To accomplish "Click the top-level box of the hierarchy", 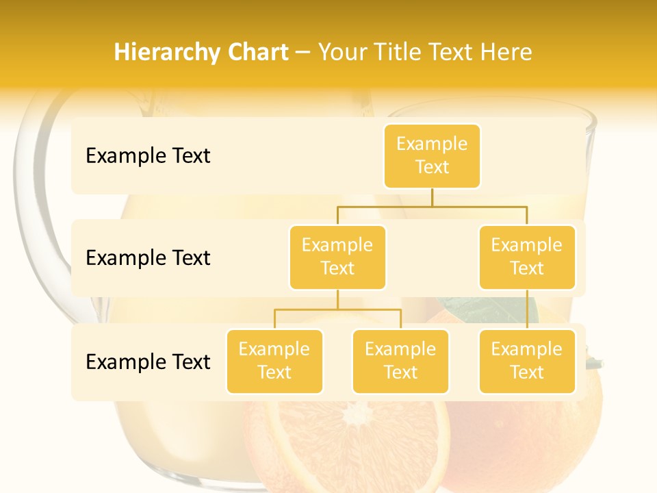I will [x=432, y=156].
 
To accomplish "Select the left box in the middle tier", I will [x=337, y=257].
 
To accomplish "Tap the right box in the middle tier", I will [x=527, y=257].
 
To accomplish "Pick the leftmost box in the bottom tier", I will [x=274, y=362].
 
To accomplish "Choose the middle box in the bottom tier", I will [x=400, y=362].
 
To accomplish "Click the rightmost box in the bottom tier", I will [x=527, y=362].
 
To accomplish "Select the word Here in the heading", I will [x=508, y=53].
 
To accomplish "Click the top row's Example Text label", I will [x=148, y=156].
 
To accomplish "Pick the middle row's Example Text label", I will [x=148, y=258].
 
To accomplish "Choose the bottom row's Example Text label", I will [x=148, y=362].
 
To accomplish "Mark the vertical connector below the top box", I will [x=432, y=197].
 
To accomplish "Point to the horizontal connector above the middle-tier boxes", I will [x=432, y=206].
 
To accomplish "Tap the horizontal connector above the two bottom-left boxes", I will [x=337, y=309].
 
